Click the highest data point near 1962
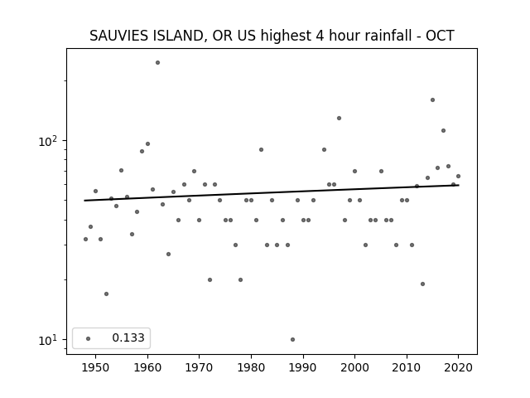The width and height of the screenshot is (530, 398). (157, 63)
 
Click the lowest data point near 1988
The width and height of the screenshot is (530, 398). (292, 339)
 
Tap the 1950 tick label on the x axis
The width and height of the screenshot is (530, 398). (96, 367)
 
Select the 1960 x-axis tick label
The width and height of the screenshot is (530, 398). (147, 367)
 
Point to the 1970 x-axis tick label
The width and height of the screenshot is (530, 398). (200, 367)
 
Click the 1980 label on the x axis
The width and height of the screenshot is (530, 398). (251, 367)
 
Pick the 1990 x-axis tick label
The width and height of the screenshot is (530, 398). (303, 367)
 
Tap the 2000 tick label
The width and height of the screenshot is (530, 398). (355, 367)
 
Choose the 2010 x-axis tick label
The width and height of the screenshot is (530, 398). (407, 367)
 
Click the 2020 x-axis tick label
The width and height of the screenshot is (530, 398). (459, 367)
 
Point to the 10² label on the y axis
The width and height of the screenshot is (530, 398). (50, 141)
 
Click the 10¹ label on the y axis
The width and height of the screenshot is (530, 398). (50, 340)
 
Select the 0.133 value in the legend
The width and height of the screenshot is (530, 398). (128, 337)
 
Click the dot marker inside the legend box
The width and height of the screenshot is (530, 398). (89, 338)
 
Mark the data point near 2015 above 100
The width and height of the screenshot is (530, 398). (432, 99)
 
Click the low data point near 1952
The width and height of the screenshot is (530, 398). (107, 294)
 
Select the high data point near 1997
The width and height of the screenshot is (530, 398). (339, 118)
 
